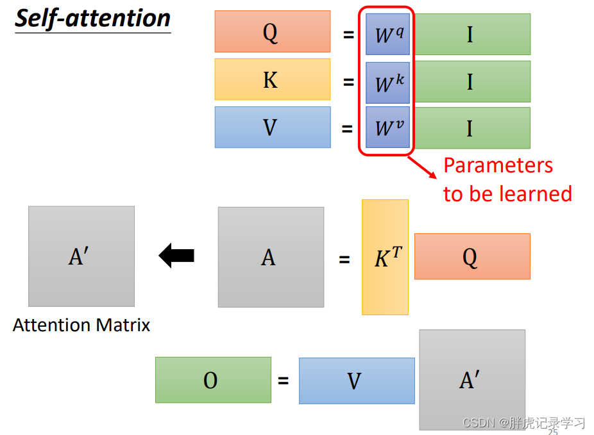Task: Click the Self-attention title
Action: (x=93, y=18)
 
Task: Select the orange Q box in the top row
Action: (x=272, y=31)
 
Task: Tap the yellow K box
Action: (x=272, y=79)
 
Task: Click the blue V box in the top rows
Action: (x=272, y=127)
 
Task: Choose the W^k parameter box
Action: (x=387, y=83)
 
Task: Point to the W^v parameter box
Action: (x=387, y=127)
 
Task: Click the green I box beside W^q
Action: (x=470, y=34)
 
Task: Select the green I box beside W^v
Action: (x=470, y=127)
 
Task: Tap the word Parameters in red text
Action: (x=498, y=166)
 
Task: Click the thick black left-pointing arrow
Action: (x=176, y=256)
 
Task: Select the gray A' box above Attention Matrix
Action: (x=81, y=256)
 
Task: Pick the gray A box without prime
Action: (x=270, y=257)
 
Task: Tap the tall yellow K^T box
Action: (x=385, y=257)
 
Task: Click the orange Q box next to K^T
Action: (x=472, y=256)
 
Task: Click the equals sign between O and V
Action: (x=284, y=381)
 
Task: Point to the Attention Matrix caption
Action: (x=81, y=325)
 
